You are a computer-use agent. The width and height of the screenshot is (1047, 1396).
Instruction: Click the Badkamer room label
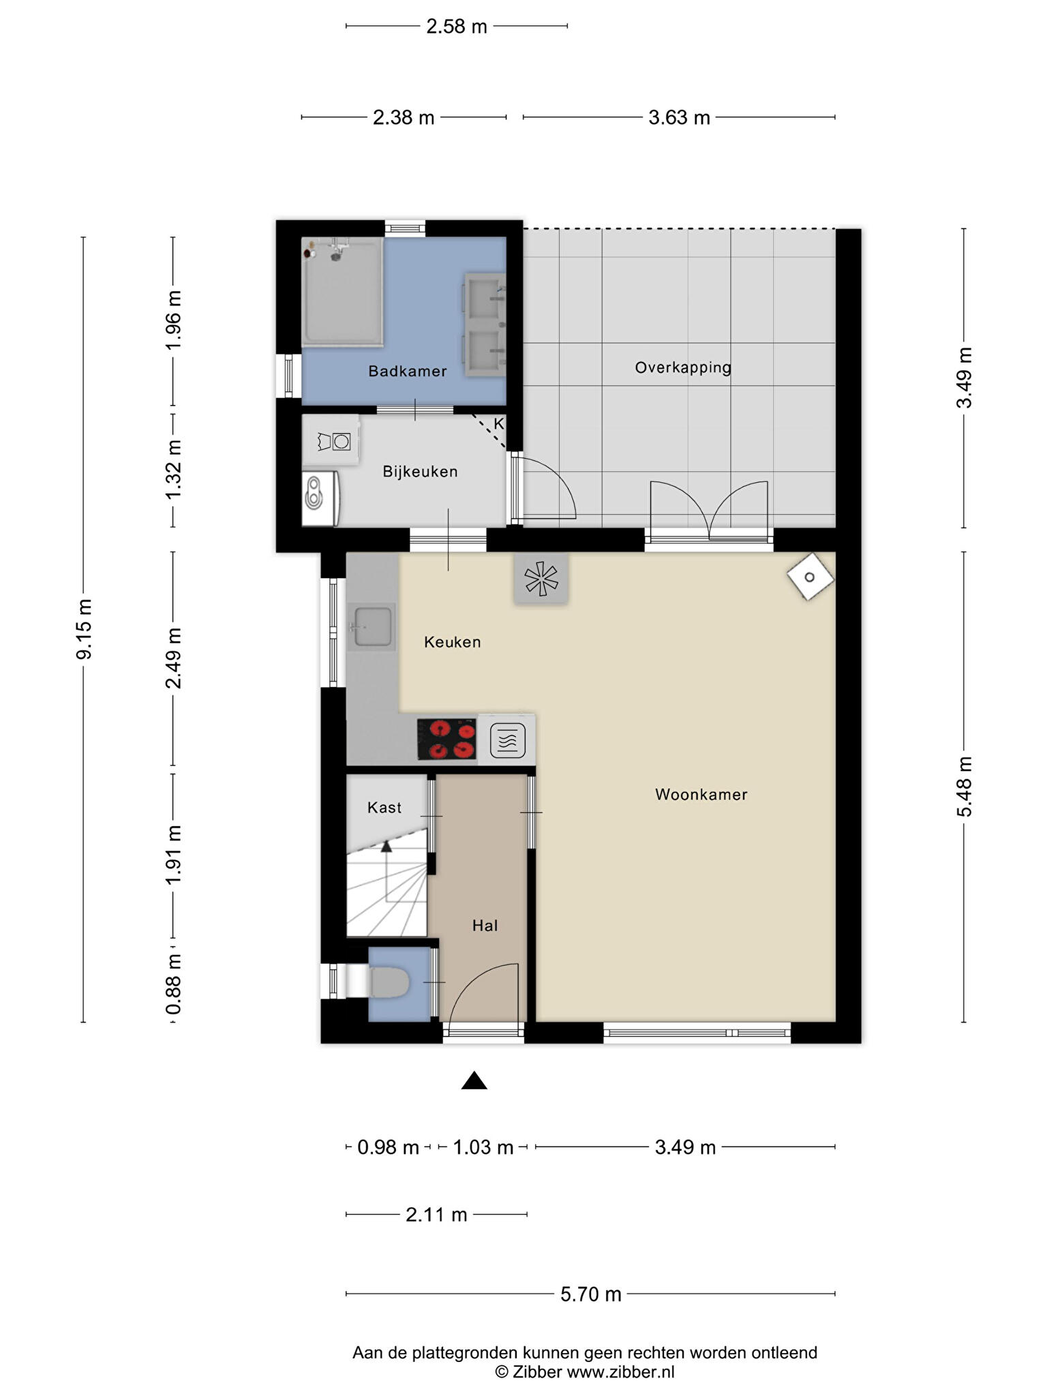tap(408, 371)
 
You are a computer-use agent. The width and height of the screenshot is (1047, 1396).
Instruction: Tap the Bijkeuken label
tap(420, 472)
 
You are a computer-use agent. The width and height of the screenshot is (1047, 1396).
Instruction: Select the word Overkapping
tap(683, 368)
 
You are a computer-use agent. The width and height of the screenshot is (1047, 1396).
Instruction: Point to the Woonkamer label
tap(701, 795)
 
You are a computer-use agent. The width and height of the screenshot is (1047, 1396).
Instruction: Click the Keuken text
tap(453, 642)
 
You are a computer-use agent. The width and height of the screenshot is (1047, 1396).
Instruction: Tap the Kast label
tap(384, 808)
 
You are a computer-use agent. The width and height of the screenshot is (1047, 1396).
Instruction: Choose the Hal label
tap(485, 926)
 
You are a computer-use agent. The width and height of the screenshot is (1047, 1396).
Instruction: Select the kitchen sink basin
tap(371, 626)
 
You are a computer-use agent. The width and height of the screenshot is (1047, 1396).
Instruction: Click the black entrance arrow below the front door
tap(474, 1080)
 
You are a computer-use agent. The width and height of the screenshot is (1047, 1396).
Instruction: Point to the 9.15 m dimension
tap(85, 629)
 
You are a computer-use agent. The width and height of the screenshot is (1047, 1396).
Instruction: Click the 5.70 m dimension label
tap(591, 1294)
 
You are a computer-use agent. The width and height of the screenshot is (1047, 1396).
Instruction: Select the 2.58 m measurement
tap(457, 27)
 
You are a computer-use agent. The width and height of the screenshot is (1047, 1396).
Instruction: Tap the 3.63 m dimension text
tap(679, 118)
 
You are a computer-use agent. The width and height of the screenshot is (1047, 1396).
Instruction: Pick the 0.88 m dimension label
tap(174, 984)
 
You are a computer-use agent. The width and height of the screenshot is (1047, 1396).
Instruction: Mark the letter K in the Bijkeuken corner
tap(499, 424)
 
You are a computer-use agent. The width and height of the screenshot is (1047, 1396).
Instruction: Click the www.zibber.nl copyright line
tap(585, 1372)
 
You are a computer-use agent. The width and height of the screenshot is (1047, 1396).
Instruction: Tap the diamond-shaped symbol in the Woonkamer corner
tap(810, 577)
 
